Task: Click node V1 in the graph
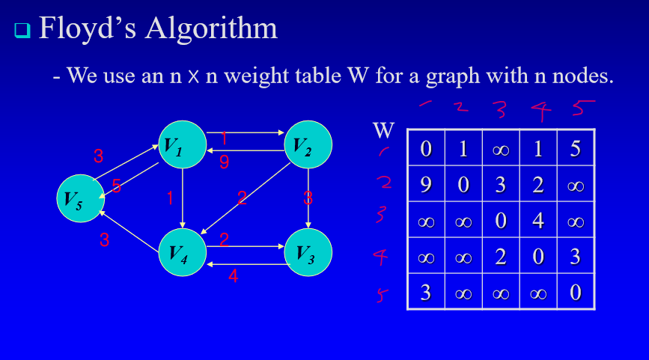[x=182, y=144]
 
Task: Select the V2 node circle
[x=308, y=144]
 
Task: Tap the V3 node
[x=308, y=252]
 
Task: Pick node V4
[x=182, y=252]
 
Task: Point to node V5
[x=80, y=198]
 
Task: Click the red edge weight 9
[x=224, y=161]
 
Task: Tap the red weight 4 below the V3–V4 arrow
[x=233, y=275]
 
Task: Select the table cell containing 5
[x=575, y=148]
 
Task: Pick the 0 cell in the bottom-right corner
[x=575, y=292]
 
